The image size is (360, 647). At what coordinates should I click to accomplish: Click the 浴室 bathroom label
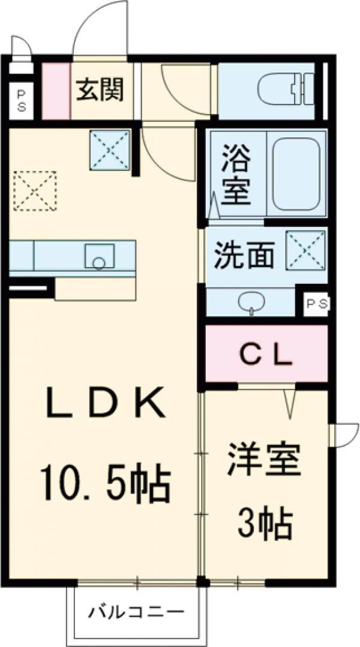coord(235,175)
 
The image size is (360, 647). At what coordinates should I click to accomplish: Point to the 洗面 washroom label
coord(245,255)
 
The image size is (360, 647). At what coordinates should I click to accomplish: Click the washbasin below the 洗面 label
coord(251,302)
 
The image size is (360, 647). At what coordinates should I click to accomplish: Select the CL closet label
coord(266,355)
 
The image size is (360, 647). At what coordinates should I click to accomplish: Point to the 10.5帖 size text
coord(106,485)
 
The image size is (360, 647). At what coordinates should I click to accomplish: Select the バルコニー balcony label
coord(136,613)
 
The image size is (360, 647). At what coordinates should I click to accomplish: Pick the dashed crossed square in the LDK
coord(34,191)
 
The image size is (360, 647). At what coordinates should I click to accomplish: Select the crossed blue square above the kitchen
coord(110,148)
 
